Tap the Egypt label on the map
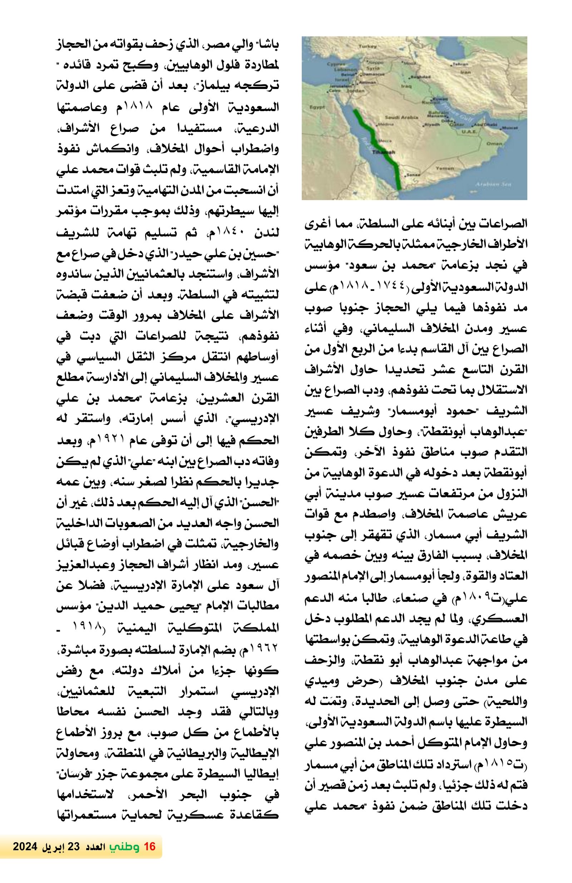click(317, 107)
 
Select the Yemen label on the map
click(445, 168)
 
